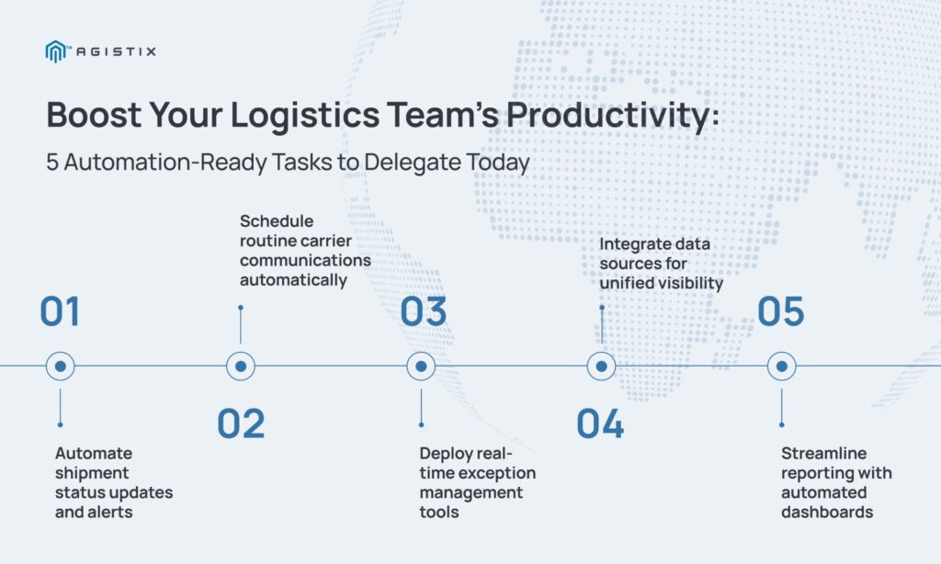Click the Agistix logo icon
55,51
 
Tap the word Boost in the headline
95,114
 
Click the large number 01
60,311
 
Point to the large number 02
241,423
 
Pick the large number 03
423,311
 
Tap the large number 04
600,423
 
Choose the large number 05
781,311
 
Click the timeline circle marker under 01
60,366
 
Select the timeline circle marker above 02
241,366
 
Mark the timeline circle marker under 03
421,366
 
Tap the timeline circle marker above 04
601,366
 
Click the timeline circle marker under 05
782,366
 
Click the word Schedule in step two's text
277,220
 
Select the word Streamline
824,453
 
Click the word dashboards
827,512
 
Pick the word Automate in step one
94,453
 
